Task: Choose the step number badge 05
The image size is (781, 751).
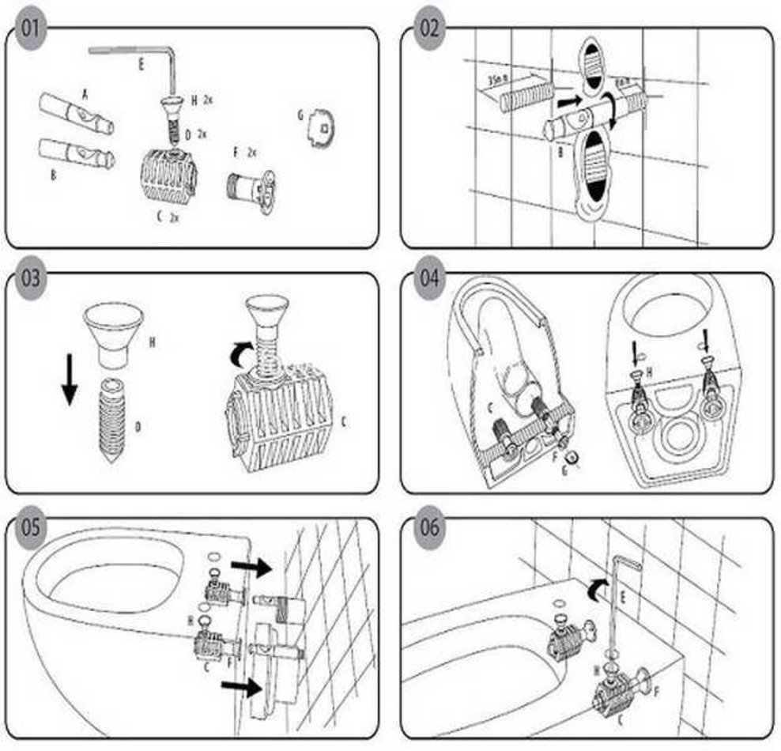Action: pyautogui.click(x=30, y=526)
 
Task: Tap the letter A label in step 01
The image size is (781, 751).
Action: pyautogui.click(x=85, y=93)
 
